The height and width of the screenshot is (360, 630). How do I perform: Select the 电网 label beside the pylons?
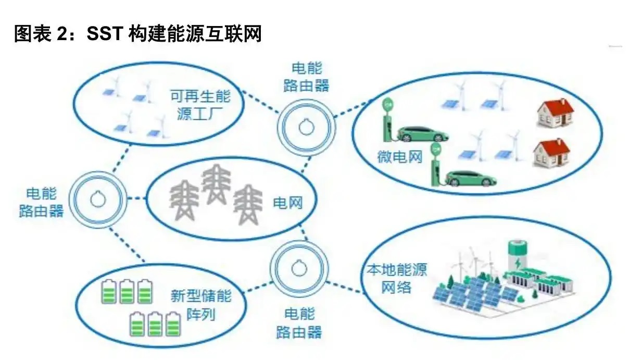click(288, 202)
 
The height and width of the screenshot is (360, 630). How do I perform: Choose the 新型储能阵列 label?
click(201, 305)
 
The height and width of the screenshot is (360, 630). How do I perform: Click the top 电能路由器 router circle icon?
click(306, 125)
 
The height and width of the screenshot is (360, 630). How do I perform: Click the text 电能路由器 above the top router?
click(306, 77)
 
